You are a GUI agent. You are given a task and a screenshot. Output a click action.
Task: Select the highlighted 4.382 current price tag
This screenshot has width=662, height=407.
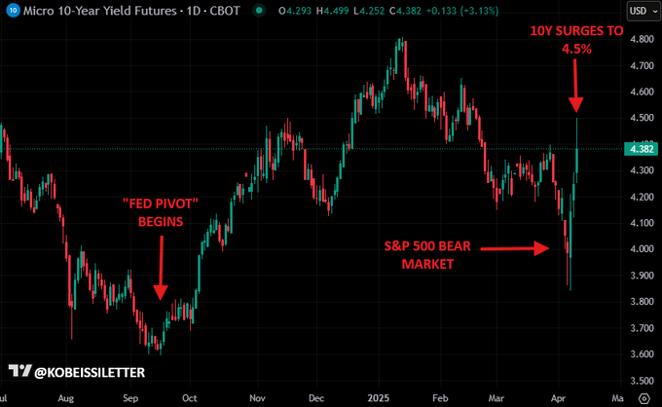pos(641,149)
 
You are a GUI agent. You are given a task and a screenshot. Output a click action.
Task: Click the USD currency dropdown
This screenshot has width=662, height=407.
pos(640,11)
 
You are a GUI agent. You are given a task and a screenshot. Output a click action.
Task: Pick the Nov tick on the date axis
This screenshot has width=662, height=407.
pos(257,398)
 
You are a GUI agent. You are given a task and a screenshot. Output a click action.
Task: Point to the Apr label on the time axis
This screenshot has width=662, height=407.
pos(560,398)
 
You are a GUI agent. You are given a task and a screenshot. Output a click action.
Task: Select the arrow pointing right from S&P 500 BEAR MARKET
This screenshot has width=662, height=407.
pos(506,248)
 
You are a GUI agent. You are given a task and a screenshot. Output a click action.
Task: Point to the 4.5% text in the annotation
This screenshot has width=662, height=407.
pos(575,48)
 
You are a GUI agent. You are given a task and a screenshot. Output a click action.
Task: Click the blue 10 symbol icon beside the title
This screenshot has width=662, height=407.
pos(9,11)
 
